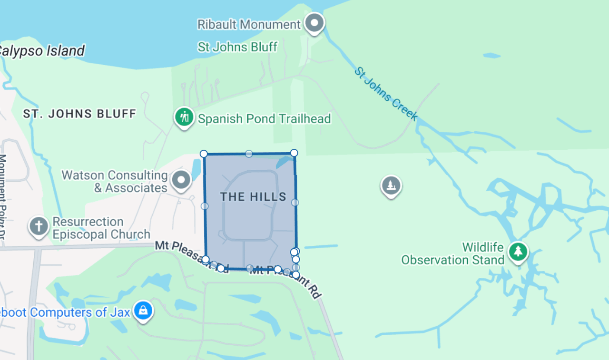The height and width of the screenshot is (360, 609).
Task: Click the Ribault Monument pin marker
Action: [314, 23]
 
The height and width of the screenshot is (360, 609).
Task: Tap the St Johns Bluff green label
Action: [237, 47]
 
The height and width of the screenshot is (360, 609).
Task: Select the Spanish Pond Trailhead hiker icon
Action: [184, 117]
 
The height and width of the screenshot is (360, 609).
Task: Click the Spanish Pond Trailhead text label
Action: [264, 118]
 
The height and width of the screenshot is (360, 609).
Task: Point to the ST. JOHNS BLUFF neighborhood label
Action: [79, 114]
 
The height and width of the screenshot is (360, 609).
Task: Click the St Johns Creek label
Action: [386, 94]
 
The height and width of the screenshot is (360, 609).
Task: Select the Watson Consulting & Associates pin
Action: [181, 181]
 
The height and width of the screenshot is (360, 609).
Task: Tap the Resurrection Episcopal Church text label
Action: [101, 228]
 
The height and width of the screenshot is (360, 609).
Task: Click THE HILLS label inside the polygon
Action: [253, 196]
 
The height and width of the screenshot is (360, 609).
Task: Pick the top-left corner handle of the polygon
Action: [204, 153]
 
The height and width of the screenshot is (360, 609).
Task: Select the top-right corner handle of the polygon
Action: [294, 153]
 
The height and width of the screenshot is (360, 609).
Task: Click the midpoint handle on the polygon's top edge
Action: [249, 153]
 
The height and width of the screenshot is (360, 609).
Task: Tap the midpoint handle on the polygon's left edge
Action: [205, 206]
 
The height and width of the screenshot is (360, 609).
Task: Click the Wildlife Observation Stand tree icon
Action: [518, 251]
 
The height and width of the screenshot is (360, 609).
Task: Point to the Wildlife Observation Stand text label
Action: [453, 253]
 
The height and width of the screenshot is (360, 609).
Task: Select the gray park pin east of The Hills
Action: [391, 185]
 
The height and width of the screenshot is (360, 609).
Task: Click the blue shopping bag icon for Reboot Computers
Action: [143, 311]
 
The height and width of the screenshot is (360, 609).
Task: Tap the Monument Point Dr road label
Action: [3, 195]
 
